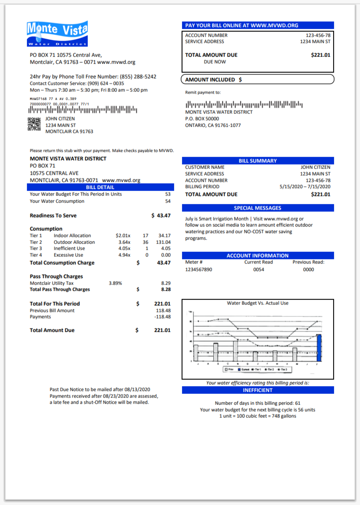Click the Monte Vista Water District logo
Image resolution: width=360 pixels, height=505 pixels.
click(x=57, y=34)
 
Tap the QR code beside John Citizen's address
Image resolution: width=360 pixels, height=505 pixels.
click(x=34, y=125)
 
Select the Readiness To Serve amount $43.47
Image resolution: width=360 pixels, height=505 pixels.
click(x=161, y=216)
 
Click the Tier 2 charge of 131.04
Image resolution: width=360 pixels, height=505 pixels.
click(x=163, y=242)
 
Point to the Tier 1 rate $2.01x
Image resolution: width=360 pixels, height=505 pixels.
click(x=123, y=236)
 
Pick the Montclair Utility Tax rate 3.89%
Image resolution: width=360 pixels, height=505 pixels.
click(x=115, y=283)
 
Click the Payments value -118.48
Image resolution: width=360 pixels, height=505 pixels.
click(x=163, y=317)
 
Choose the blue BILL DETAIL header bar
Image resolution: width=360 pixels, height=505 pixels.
click(x=100, y=187)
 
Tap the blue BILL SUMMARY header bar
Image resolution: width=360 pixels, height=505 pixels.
click(x=258, y=161)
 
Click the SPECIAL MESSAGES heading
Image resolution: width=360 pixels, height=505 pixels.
click(x=258, y=208)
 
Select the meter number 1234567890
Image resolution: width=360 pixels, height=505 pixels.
click(x=198, y=269)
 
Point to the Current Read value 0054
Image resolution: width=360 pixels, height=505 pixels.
click(x=259, y=269)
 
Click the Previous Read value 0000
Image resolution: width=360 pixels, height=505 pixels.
click(x=308, y=269)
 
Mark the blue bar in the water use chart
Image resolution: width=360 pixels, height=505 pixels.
click(x=319, y=348)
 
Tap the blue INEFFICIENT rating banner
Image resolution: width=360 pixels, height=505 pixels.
click(x=258, y=390)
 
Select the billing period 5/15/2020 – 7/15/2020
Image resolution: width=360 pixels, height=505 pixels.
click(x=305, y=187)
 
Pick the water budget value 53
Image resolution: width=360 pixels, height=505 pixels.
click(x=168, y=194)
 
